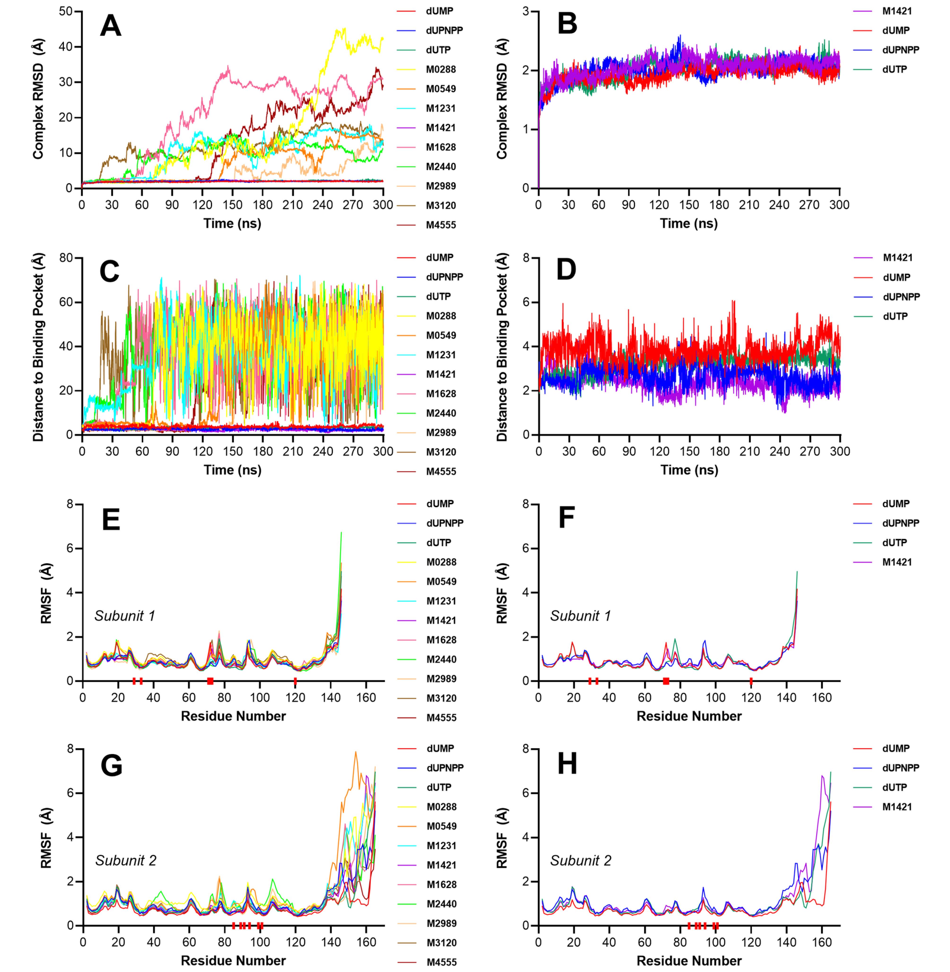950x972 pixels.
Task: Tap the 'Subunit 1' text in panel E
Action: [x=125, y=616]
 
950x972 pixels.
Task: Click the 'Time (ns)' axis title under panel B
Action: [x=689, y=223]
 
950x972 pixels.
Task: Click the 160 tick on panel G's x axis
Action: [x=366, y=942]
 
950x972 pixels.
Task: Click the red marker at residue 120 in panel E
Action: [x=295, y=681]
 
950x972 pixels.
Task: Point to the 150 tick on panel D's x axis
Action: [x=689, y=451]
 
